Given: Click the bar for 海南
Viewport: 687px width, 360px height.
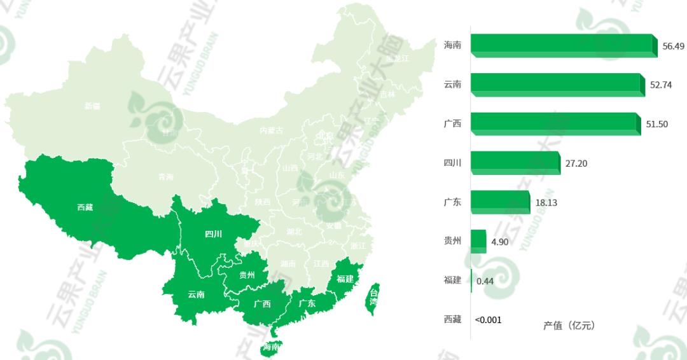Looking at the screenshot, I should click(x=563, y=46).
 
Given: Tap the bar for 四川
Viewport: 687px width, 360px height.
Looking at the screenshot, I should click(x=515, y=163).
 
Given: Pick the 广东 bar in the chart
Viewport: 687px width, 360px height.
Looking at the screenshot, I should click(x=500, y=202).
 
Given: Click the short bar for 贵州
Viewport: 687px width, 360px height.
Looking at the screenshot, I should click(x=478, y=241).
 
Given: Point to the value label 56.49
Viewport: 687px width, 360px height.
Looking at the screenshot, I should click(x=673, y=46).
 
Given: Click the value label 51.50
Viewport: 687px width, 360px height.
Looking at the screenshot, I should click(x=656, y=124).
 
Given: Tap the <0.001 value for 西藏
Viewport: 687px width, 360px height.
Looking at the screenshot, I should click(x=489, y=320).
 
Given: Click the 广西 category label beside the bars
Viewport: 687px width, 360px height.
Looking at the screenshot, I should click(x=452, y=124).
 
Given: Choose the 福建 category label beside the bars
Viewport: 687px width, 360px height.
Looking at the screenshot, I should click(x=452, y=280).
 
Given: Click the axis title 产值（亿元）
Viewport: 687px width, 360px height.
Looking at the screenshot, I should click(x=569, y=326).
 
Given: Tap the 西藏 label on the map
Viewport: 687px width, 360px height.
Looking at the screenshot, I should click(x=85, y=207).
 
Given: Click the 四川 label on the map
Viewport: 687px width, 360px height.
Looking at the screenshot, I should click(x=214, y=234).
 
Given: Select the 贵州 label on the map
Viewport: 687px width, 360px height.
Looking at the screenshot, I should click(x=247, y=275).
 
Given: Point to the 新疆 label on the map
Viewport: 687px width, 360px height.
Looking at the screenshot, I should click(x=92, y=106).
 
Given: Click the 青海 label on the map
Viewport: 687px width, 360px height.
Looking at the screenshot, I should click(x=166, y=177).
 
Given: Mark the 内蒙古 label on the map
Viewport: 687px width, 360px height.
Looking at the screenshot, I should click(x=272, y=130).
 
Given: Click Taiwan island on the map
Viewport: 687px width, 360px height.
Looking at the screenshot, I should click(x=373, y=296).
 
